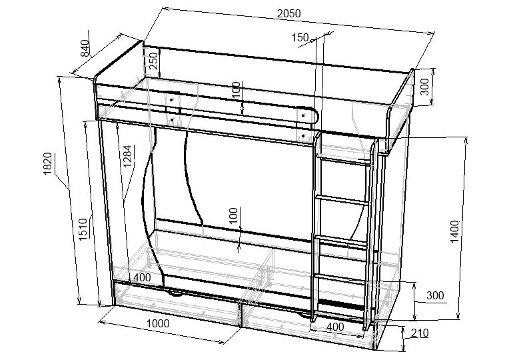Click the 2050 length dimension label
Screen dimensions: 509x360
tap(288, 13)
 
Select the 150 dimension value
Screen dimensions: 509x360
tap(300, 38)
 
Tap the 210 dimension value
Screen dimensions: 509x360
tap(420, 333)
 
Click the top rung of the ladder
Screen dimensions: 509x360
tap(344, 161)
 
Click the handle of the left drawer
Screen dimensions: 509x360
tap(175, 291)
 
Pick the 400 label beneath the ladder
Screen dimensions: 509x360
tap(336, 327)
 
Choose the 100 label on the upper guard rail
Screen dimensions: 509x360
tap(236, 91)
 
